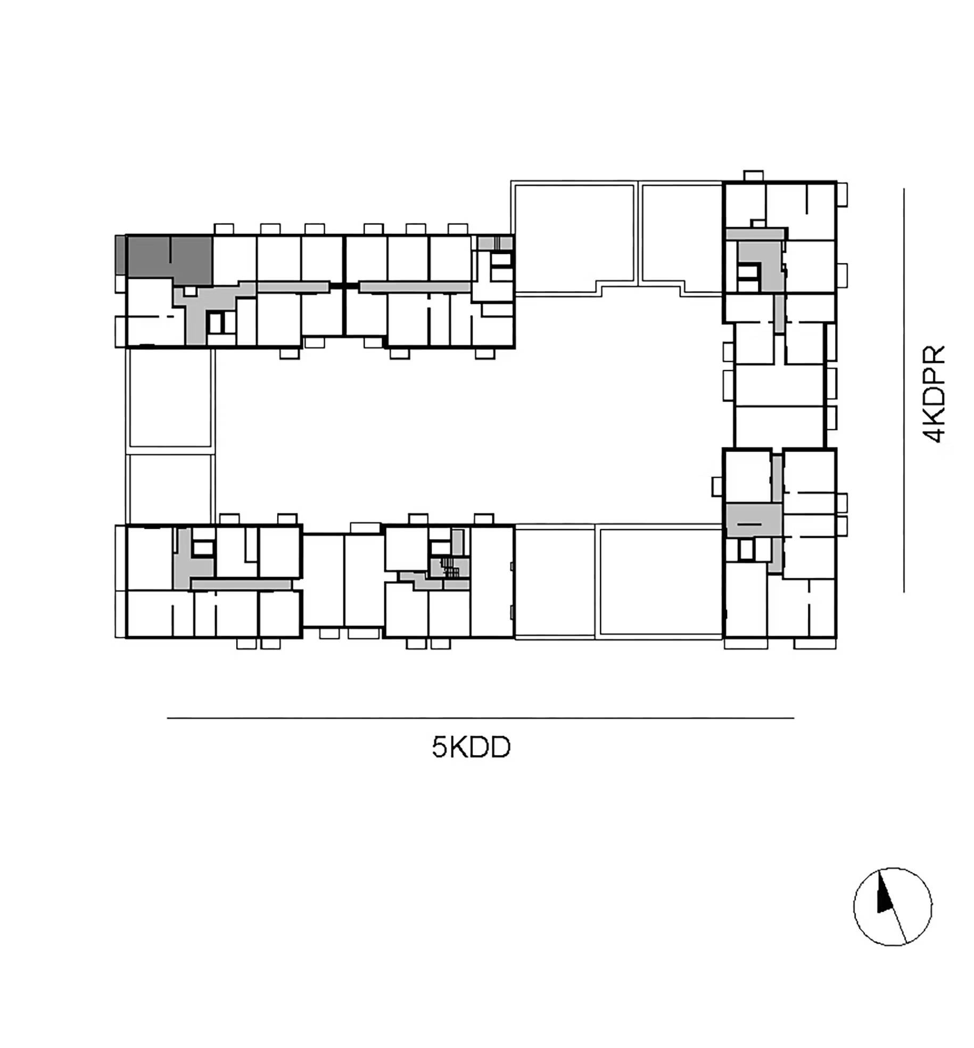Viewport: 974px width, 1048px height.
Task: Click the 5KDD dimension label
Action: point(471,747)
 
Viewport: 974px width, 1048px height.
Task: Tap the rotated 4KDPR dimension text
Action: point(934,394)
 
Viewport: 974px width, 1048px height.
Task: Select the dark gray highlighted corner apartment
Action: point(169,259)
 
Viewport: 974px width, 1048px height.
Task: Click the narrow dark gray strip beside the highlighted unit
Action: point(120,255)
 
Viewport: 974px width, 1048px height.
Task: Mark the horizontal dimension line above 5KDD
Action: point(480,718)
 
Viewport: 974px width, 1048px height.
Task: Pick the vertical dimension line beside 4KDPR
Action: point(903,390)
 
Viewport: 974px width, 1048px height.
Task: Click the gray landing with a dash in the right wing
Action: point(754,520)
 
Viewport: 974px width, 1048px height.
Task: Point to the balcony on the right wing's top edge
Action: point(753,176)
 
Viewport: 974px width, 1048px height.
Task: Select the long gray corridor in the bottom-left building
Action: point(241,585)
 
